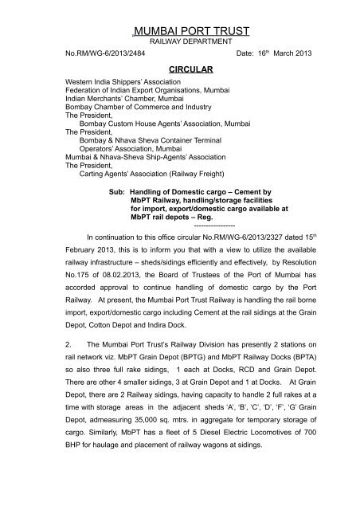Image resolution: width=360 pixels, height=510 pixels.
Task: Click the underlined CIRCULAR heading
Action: pyautogui.click(x=179, y=70)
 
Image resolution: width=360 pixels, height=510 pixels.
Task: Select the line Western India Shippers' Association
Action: pyautogui.click(x=117, y=82)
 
